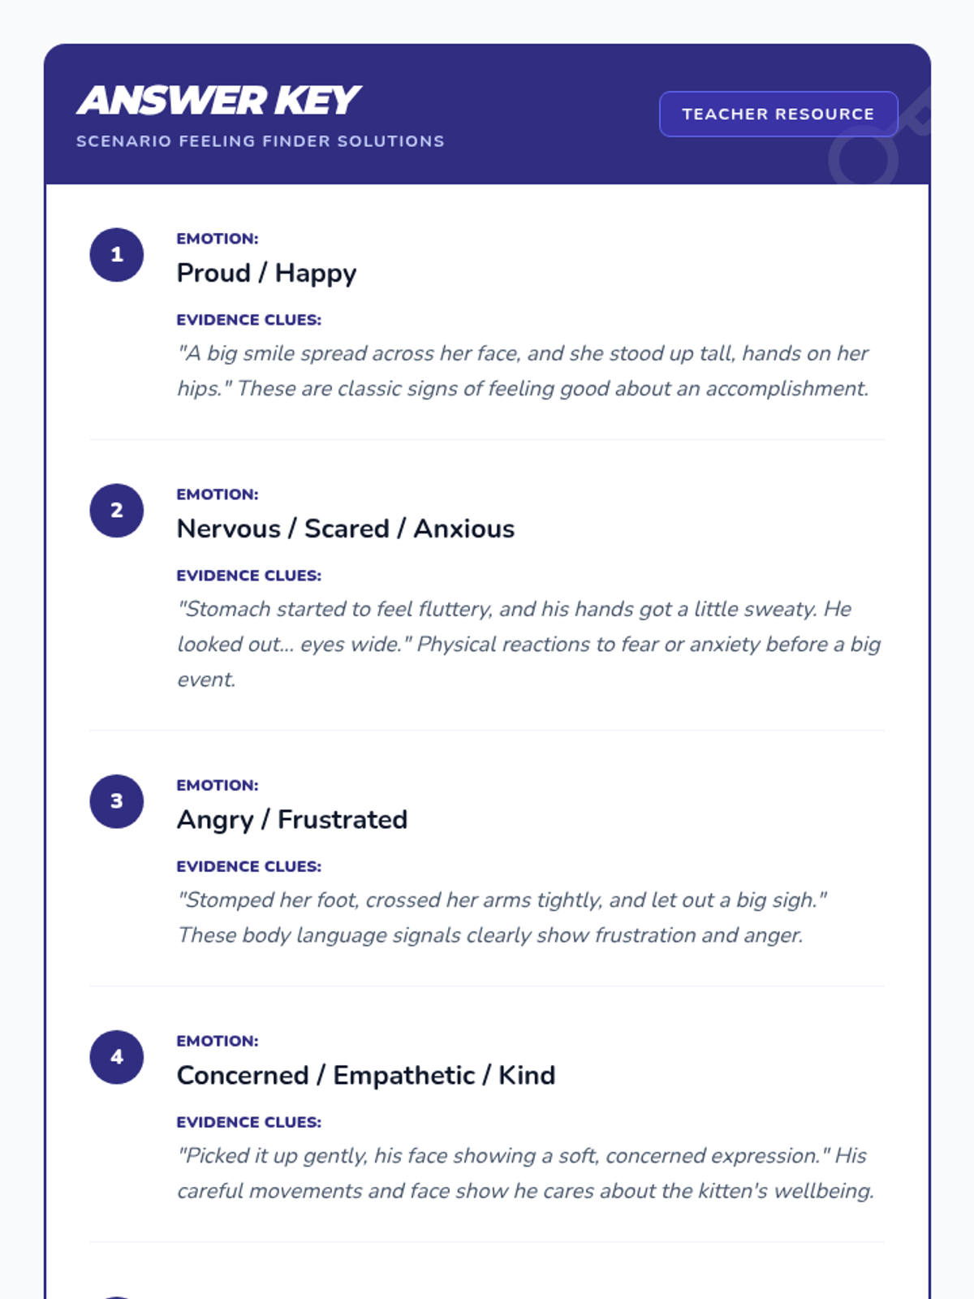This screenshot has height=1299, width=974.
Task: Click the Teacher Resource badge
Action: coord(778,114)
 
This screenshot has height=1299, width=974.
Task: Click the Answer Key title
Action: coord(219,101)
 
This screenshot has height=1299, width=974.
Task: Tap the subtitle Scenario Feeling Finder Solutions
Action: coord(260,141)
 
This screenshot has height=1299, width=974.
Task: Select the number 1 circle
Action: coord(117,255)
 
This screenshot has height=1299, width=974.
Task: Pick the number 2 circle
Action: coord(117,511)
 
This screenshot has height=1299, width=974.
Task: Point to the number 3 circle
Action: coord(117,801)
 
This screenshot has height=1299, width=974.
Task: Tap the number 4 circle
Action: coord(117,1057)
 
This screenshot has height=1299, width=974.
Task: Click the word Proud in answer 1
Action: coord(213,274)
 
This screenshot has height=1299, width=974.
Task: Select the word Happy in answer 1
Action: coord(316,274)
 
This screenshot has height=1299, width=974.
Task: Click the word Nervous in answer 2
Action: coord(229,529)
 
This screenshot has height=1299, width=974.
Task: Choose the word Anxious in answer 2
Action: coord(464,529)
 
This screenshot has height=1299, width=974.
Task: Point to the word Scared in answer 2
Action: coord(347,529)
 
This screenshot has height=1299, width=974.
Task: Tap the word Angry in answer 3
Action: coord(215,820)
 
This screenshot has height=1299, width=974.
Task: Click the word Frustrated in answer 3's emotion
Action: coord(343,820)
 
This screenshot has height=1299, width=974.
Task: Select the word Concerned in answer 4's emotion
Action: coord(243,1076)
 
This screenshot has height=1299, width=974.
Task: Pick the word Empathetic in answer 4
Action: coord(403,1076)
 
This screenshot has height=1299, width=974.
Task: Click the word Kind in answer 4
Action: coord(527,1076)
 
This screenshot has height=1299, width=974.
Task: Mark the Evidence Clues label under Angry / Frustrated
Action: coord(249,866)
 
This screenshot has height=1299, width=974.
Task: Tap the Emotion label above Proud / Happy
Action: coord(218,239)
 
